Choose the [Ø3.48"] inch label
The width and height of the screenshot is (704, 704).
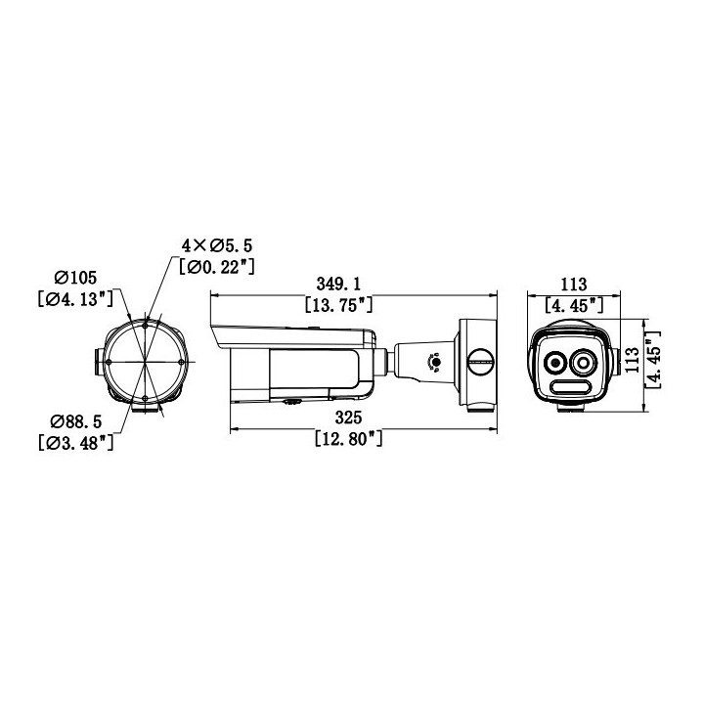(x=77, y=443)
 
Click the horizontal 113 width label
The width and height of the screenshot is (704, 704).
(x=573, y=285)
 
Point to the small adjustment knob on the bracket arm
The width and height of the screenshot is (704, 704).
(x=435, y=363)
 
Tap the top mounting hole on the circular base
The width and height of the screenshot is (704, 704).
(x=145, y=322)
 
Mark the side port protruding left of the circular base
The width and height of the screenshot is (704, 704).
(x=99, y=361)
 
